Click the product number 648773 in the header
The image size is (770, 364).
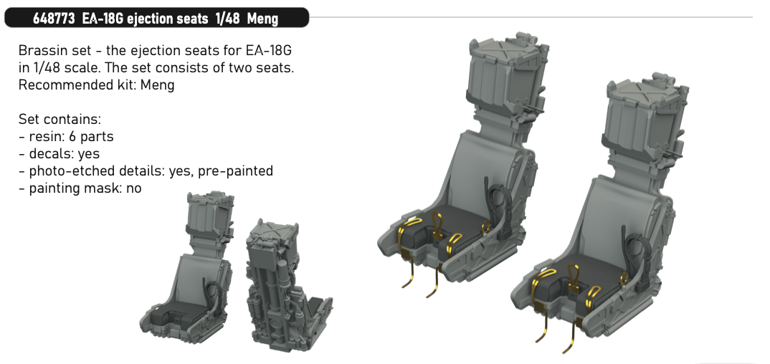click(x=54, y=19)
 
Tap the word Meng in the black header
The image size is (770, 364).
click(x=262, y=19)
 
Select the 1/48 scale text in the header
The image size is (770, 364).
click(x=228, y=19)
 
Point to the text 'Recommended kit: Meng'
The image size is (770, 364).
click(x=96, y=85)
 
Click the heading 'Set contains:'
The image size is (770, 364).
click(x=60, y=119)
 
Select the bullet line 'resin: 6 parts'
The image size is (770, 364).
click(x=66, y=136)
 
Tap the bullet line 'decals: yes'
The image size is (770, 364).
click(x=60, y=153)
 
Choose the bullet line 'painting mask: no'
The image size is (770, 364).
click(x=80, y=188)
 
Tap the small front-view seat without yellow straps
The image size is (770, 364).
click(x=186, y=270)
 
